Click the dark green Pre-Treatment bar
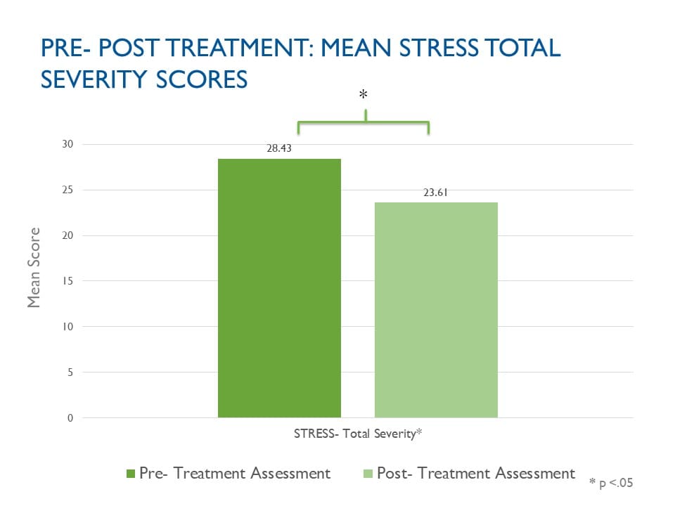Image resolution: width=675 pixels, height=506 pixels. [x=279, y=288]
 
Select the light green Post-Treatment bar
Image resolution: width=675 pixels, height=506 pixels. [x=436, y=309]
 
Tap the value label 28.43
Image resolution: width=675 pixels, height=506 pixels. [x=279, y=149]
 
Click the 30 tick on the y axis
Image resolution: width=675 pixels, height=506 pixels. [x=68, y=144]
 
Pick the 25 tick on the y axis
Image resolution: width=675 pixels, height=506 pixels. [x=68, y=190]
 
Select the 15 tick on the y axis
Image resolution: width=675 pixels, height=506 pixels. [x=68, y=281]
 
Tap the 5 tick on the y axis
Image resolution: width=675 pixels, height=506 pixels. [x=70, y=372]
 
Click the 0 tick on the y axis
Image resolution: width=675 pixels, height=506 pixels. [x=70, y=418]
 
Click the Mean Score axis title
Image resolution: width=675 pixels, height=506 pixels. [x=34, y=267]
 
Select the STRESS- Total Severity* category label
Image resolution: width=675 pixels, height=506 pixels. [x=357, y=434]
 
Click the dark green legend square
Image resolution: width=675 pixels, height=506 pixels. [x=131, y=474]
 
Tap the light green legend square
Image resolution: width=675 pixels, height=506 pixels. [x=368, y=474]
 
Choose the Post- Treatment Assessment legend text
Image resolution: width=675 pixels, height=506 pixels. [x=476, y=473]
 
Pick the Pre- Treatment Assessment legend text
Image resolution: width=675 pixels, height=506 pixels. [x=235, y=473]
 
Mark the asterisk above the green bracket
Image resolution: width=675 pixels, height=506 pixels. [x=364, y=95]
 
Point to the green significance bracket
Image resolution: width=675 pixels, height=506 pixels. [x=364, y=123]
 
